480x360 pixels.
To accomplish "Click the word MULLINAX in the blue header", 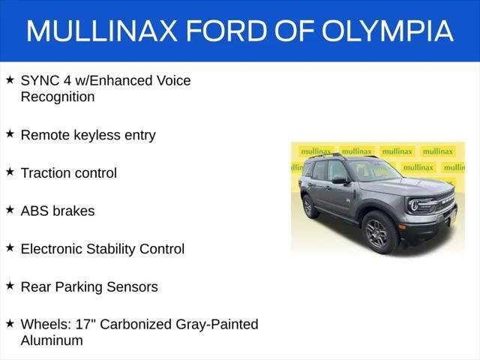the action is (102, 31).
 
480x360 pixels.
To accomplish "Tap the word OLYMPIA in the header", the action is (388, 31).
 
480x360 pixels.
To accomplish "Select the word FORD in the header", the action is (226, 31).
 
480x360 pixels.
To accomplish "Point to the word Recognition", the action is (58, 97).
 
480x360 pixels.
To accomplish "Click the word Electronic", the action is (52, 249).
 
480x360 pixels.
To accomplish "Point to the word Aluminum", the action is (52, 340).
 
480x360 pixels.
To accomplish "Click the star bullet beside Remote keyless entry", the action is (10, 133).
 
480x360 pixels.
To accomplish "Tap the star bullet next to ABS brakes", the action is (10, 209).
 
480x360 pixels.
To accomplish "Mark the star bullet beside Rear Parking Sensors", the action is (10, 285).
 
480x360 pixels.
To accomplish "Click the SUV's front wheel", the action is (380, 232).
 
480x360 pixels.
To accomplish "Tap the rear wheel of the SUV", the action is (310, 207).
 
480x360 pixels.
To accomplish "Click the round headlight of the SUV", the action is (414, 205).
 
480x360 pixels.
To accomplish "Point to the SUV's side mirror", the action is (340, 180).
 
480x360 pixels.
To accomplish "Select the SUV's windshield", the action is (373, 170).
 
